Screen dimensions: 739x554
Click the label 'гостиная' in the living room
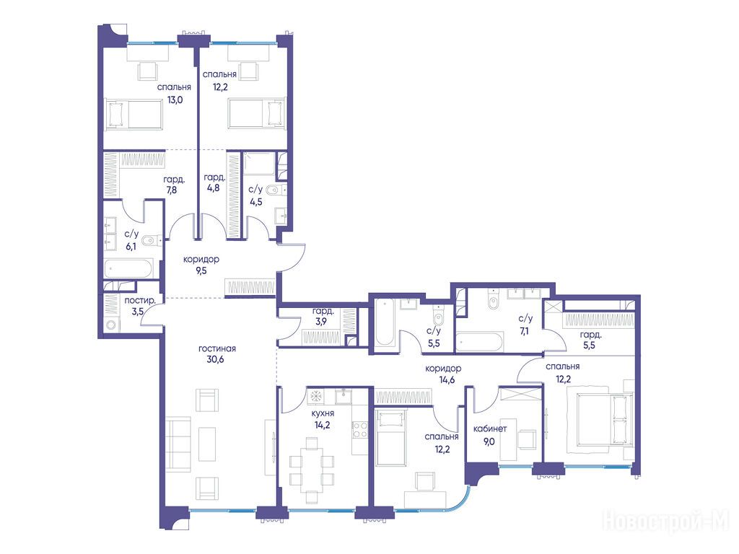[x=217, y=348]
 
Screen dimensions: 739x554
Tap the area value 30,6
[x=215, y=359]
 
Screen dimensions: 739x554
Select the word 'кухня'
[x=323, y=413]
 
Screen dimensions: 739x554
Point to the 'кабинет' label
[x=490, y=428]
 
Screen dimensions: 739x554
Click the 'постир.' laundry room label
[x=140, y=301]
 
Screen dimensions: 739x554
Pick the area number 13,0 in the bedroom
[x=175, y=100]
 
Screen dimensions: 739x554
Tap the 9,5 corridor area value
[x=201, y=271]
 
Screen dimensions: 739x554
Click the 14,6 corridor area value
[x=447, y=379]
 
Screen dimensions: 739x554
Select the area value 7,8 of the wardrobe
[x=172, y=190]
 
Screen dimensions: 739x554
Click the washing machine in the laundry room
[x=111, y=325]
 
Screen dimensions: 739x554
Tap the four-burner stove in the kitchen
[x=359, y=430]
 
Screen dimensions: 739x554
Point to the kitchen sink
[x=344, y=396]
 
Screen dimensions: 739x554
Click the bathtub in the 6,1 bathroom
[x=128, y=269]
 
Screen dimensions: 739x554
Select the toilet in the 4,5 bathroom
[x=274, y=190]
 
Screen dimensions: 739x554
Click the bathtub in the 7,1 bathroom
[x=479, y=343]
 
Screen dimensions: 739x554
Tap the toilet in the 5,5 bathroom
[x=438, y=317]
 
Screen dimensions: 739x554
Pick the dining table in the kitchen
[x=312, y=470]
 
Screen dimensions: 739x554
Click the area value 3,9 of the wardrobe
[x=321, y=322]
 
